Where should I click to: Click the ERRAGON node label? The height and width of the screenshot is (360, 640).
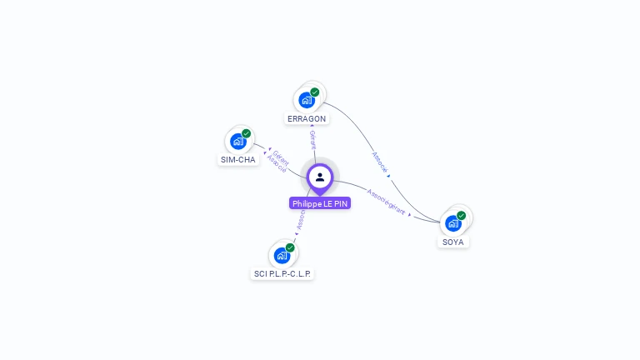[307, 119]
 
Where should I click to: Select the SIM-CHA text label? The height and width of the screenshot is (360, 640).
[238, 160]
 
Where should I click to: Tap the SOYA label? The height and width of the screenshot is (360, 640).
[453, 242]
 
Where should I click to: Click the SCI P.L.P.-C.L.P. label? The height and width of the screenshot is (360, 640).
[283, 273]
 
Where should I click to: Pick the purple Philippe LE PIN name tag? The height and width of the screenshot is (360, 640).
[320, 203]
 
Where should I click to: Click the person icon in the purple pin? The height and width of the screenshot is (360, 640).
[320, 177]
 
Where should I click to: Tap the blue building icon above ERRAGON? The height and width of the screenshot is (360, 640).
[307, 100]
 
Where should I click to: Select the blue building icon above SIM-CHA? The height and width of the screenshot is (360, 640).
[237, 142]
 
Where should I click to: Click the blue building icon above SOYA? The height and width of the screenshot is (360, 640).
[452, 223]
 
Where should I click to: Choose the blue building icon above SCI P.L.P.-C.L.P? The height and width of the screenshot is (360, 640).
[282, 255]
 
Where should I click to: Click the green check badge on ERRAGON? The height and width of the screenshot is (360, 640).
[315, 92]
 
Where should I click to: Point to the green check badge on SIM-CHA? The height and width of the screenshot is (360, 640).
[246, 133]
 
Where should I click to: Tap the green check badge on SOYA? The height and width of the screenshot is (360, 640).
[461, 215]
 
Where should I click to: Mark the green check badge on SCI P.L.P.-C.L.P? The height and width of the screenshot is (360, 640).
[290, 247]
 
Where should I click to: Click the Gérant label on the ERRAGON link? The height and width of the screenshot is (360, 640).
[312, 139]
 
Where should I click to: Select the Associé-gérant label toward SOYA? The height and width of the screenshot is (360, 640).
[385, 202]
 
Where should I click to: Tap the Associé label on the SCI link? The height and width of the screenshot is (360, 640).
[301, 218]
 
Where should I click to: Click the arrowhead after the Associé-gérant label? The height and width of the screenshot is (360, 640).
[411, 214]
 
